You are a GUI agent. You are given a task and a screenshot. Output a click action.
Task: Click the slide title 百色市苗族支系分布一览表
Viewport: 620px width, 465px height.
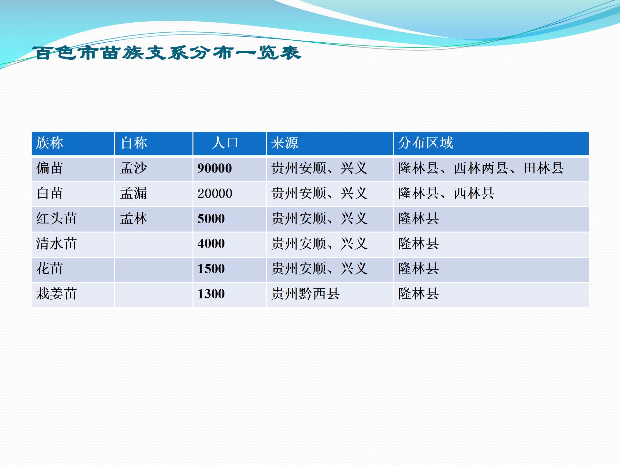tap(167, 53)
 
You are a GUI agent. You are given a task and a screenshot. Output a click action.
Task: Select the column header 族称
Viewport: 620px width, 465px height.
tap(49, 143)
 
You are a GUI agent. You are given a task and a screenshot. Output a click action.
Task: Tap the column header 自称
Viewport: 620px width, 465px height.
tap(134, 143)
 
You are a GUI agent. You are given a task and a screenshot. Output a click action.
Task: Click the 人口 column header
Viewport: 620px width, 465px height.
tap(225, 143)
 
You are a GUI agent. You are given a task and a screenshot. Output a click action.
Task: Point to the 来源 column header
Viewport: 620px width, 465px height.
tap(284, 143)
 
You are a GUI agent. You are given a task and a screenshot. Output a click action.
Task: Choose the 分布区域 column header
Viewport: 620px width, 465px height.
tap(426, 143)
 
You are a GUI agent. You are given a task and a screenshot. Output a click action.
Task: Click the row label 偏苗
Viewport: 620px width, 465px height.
tap(49, 168)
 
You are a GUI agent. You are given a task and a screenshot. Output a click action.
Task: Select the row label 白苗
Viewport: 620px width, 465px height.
tap(49, 193)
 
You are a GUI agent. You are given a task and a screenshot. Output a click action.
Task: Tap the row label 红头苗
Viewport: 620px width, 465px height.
tap(57, 218)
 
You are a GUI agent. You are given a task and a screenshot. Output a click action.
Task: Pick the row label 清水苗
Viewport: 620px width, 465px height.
tap(57, 243)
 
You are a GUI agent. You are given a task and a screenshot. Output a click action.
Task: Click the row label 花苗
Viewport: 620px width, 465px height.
tap(49, 268)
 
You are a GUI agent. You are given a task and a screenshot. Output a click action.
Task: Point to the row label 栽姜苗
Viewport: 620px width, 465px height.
tap(57, 294)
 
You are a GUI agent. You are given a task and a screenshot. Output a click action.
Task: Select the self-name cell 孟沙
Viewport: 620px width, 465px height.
tap(134, 168)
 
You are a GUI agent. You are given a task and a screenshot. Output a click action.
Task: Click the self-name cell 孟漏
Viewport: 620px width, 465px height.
tap(134, 193)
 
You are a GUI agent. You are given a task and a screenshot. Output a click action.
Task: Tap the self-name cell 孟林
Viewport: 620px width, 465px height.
tap(134, 218)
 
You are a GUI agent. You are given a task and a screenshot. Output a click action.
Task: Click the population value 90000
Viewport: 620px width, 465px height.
tap(215, 168)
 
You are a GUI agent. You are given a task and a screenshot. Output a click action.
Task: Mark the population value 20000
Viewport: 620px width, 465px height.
tap(215, 193)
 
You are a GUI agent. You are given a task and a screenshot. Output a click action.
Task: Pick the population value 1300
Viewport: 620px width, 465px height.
tap(211, 294)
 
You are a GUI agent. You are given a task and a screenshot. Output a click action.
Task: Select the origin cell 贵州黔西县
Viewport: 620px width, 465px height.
tap(305, 294)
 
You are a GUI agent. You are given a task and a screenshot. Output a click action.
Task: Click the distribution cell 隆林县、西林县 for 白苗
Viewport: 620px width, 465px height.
tap(446, 193)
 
